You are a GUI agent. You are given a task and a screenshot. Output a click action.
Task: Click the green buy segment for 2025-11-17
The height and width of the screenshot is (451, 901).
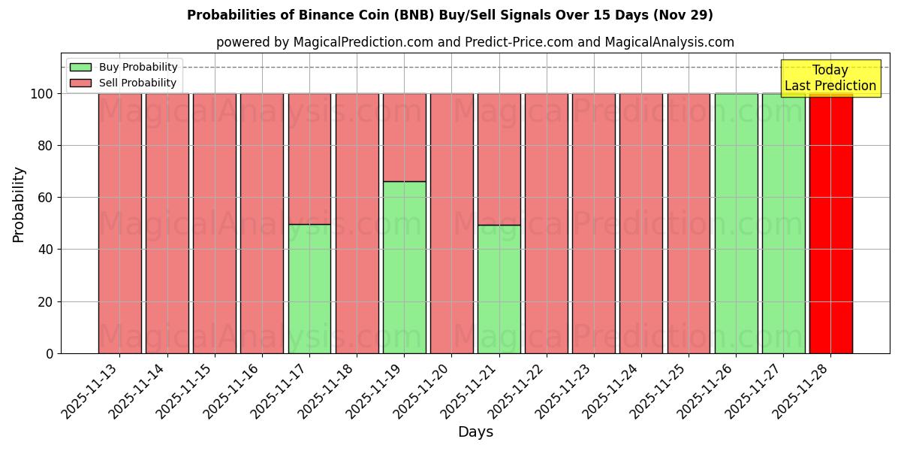click(x=309, y=289)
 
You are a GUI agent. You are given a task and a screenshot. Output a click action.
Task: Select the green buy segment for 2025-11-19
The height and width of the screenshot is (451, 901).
click(x=404, y=267)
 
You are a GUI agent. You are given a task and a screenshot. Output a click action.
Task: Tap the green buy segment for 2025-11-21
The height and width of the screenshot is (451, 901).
click(x=499, y=289)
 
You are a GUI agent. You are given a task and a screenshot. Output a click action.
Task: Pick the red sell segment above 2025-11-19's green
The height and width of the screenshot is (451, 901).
click(x=404, y=138)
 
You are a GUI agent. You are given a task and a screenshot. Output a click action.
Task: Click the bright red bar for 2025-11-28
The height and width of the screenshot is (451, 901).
click(x=830, y=225)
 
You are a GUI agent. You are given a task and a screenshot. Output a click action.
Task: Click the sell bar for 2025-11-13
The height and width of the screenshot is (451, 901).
click(x=119, y=223)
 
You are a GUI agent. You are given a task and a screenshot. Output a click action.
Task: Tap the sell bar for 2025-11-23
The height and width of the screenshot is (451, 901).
click(x=593, y=223)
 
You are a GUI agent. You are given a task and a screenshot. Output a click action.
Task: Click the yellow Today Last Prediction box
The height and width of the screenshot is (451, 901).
click(x=830, y=79)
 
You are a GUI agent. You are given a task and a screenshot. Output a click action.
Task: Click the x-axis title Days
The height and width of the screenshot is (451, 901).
click(x=475, y=432)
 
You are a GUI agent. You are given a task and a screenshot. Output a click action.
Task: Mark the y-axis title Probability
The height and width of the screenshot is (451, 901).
click(x=19, y=204)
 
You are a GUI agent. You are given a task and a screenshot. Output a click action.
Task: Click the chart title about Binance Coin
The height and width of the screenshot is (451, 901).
click(x=450, y=15)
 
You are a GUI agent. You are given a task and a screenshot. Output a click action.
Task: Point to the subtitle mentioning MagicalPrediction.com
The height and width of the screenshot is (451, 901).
click(x=475, y=42)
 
